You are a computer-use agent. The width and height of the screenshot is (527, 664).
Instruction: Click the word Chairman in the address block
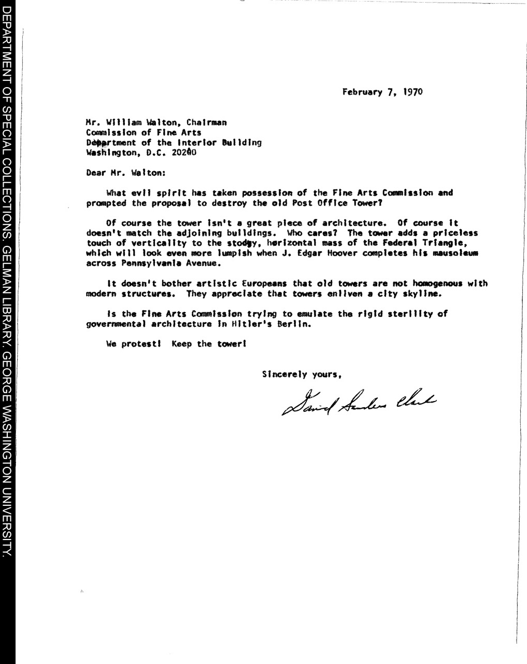pyautogui.click(x=206, y=123)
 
